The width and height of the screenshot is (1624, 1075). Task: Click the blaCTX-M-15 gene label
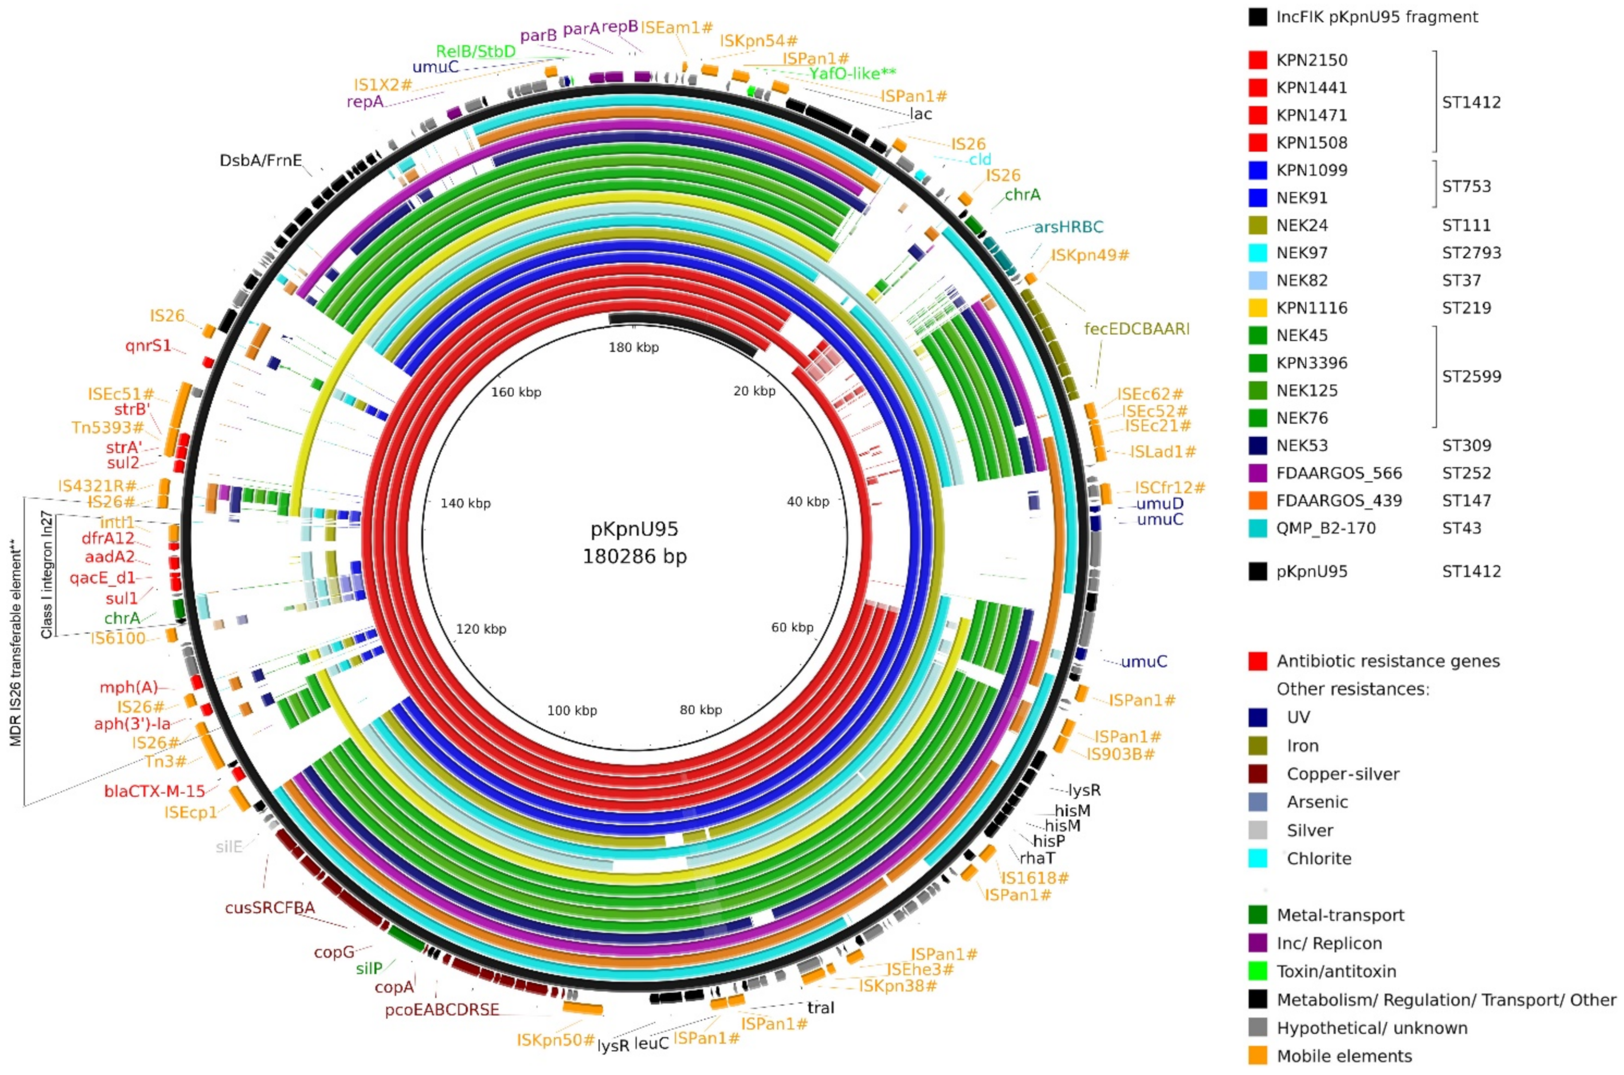click(x=154, y=791)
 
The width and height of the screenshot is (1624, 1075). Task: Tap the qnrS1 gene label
click(x=148, y=345)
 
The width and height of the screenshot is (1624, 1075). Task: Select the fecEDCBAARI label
click(x=1137, y=329)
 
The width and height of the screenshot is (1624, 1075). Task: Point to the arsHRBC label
click(x=1069, y=227)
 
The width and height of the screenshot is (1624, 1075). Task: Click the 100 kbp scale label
click(x=572, y=710)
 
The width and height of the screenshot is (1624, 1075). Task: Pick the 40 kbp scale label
click(x=808, y=502)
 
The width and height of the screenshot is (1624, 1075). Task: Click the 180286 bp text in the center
click(x=634, y=556)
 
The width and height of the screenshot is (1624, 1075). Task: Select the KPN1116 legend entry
click(x=1311, y=308)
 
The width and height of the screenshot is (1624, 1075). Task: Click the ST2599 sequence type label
click(x=1471, y=377)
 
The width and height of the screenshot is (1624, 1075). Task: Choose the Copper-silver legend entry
click(x=1343, y=774)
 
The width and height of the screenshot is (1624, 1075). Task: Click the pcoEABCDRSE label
click(x=442, y=1010)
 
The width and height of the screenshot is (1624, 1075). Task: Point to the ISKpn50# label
click(x=555, y=1040)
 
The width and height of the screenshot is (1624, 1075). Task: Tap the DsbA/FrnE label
click(x=260, y=161)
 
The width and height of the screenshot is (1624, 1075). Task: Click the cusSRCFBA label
click(x=270, y=908)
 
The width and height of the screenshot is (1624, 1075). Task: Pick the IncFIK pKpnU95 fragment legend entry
click(x=1377, y=17)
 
